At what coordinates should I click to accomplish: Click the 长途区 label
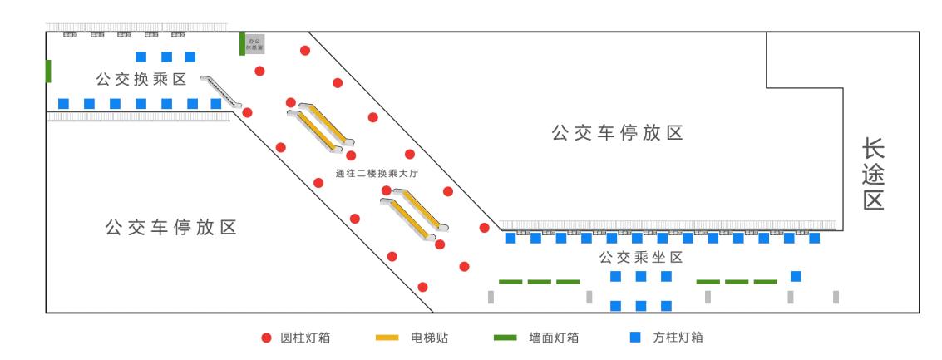coord(873,174)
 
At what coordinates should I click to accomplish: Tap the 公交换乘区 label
coord(141,80)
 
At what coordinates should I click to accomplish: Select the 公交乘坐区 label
coord(641,258)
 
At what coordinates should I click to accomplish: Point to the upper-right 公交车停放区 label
coord(617,133)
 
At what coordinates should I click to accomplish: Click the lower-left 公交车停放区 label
coord(171,228)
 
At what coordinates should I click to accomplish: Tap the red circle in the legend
coord(267,338)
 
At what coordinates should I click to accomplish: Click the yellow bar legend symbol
coord(387,338)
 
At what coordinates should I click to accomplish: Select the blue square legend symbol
coord(635,338)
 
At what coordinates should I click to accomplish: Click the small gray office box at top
coord(255,43)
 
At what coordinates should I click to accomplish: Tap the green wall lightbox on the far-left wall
coord(49,71)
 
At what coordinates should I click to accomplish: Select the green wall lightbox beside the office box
coord(242,43)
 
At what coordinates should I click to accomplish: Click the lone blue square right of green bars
coord(796,276)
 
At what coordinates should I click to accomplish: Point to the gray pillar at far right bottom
coord(836,297)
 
